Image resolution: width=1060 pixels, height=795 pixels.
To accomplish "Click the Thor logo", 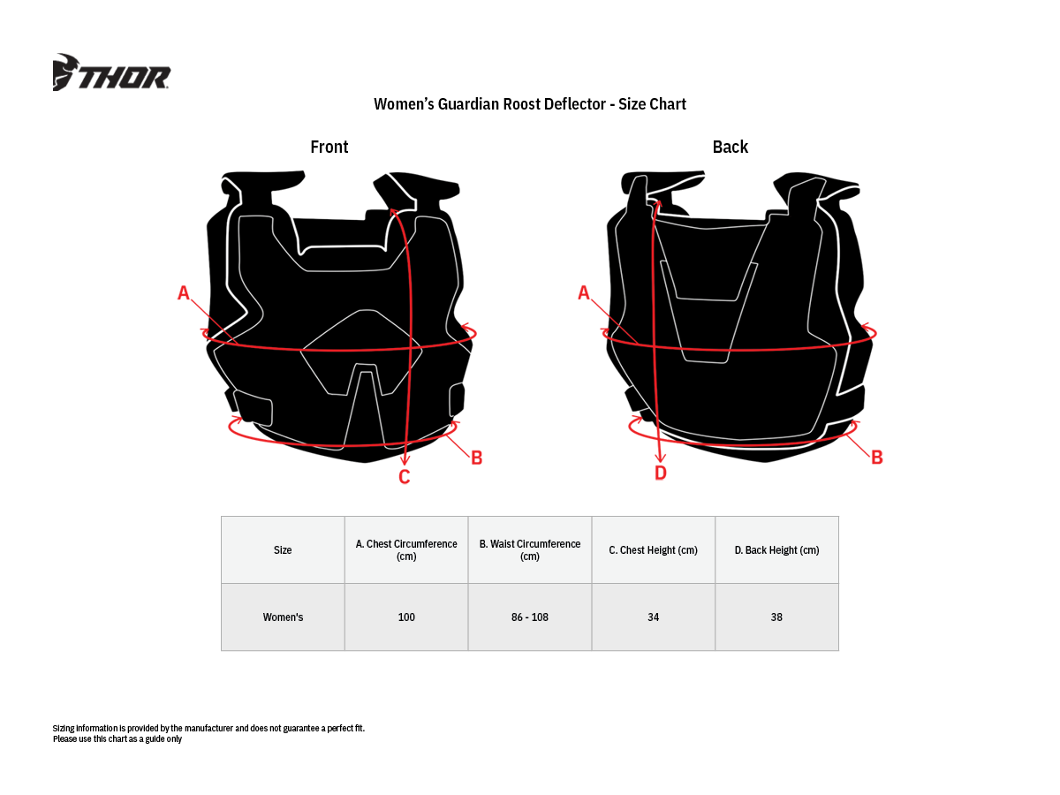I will [x=112, y=73].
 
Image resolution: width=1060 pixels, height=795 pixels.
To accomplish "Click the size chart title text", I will [x=530, y=104].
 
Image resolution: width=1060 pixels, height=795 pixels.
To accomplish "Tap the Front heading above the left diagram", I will [x=329, y=147].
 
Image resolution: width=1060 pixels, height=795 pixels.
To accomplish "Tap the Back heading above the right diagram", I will [x=731, y=147].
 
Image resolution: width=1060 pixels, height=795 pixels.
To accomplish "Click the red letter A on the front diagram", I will [x=184, y=293].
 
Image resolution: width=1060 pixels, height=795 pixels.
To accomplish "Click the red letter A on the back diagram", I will [x=584, y=293].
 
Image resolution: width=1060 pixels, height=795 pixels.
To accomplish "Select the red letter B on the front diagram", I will [x=476, y=458].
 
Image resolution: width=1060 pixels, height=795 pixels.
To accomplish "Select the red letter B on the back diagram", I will [x=877, y=458].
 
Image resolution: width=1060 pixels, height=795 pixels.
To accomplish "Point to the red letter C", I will [x=405, y=477].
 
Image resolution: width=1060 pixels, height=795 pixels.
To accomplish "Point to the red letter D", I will [x=661, y=473].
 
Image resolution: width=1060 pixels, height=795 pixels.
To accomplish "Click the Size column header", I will [x=283, y=550].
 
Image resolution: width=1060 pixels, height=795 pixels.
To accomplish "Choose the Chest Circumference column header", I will [x=406, y=550].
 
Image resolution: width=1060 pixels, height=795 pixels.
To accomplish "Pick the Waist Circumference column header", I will [x=530, y=550].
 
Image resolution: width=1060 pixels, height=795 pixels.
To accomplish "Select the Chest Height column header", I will [x=654, y=550].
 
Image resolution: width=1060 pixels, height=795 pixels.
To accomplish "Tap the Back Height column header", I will [x=777, y=550].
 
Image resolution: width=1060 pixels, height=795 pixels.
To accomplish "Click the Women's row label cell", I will [x=283, y=617].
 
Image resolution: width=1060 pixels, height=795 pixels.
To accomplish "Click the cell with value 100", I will [x=406, y=617].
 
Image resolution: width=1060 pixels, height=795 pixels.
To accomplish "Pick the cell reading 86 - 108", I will [x=530, y=617].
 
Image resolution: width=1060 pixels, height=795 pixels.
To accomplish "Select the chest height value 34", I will [x=654, y=617].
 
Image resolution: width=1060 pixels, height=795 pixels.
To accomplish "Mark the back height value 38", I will [x=777, y=617].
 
